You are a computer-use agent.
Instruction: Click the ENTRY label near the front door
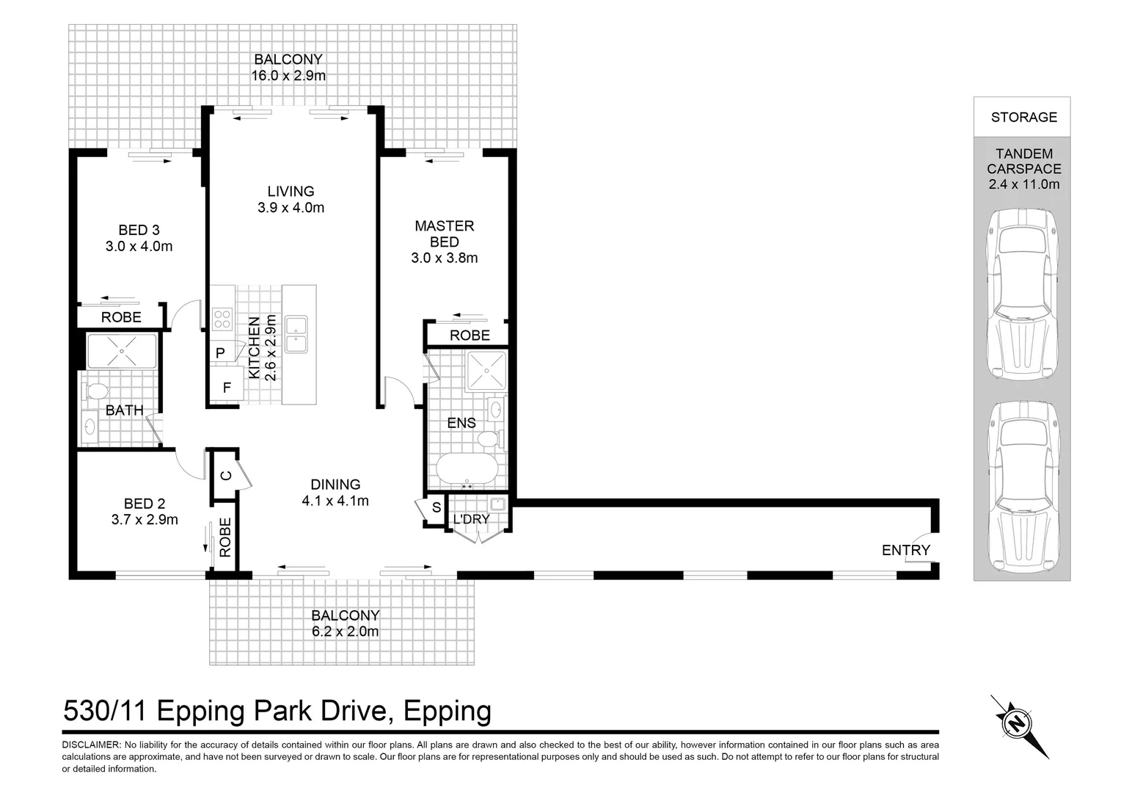(x=905, y=550)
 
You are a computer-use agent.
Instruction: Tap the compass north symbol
(x=1018, y=725)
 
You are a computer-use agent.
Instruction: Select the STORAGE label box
(x=1023, y=117)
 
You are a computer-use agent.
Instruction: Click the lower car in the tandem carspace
(x=1023, y=486)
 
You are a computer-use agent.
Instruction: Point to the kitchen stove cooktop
(x=222, y=319)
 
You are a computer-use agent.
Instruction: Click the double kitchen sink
(x=298, y=335)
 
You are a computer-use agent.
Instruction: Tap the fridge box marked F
(x=226, y=386)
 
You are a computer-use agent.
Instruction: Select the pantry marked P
(x=219, y=353)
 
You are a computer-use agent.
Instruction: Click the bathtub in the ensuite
(x=467, y=470)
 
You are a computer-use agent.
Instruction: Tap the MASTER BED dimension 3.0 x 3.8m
(x=445, y=258)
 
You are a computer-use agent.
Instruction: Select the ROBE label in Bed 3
(x=121, y=317)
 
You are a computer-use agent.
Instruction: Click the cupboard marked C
(x=226, y=476)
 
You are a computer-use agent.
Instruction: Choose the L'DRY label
(x=471, y=519)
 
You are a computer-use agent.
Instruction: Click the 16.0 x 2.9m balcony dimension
(x=288, y=75)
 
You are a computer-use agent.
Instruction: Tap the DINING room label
(x=335, y=485)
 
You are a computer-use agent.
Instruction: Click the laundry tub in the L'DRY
(x=499, y=504)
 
